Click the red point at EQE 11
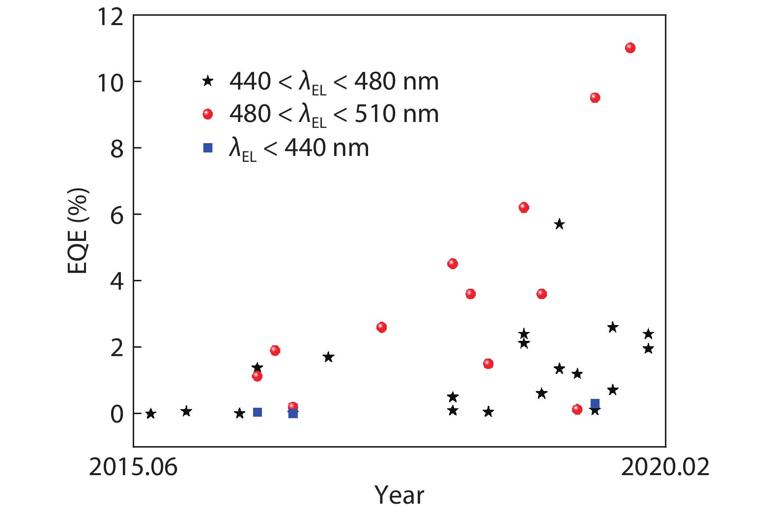(630, 48)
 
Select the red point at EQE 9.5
(595, 97)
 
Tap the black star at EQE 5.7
(559, 224)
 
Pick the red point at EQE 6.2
(524, 208)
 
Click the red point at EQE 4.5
(453, 264)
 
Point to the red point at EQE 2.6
(381, 327)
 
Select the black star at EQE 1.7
(328, 357)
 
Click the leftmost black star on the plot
(151, 414)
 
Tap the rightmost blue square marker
(595, 404)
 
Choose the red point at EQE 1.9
(275, 350)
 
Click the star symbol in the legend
(208, 81)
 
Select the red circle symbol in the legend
(208, 114)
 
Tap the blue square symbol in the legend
(208, 148)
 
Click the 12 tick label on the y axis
(111, 16)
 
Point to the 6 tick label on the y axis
(117, 215)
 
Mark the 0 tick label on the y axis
(117, 414)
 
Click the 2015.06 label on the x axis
(133, 466)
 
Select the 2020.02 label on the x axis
(665, 466)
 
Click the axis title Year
(399, 495)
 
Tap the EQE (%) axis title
(78, 230)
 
